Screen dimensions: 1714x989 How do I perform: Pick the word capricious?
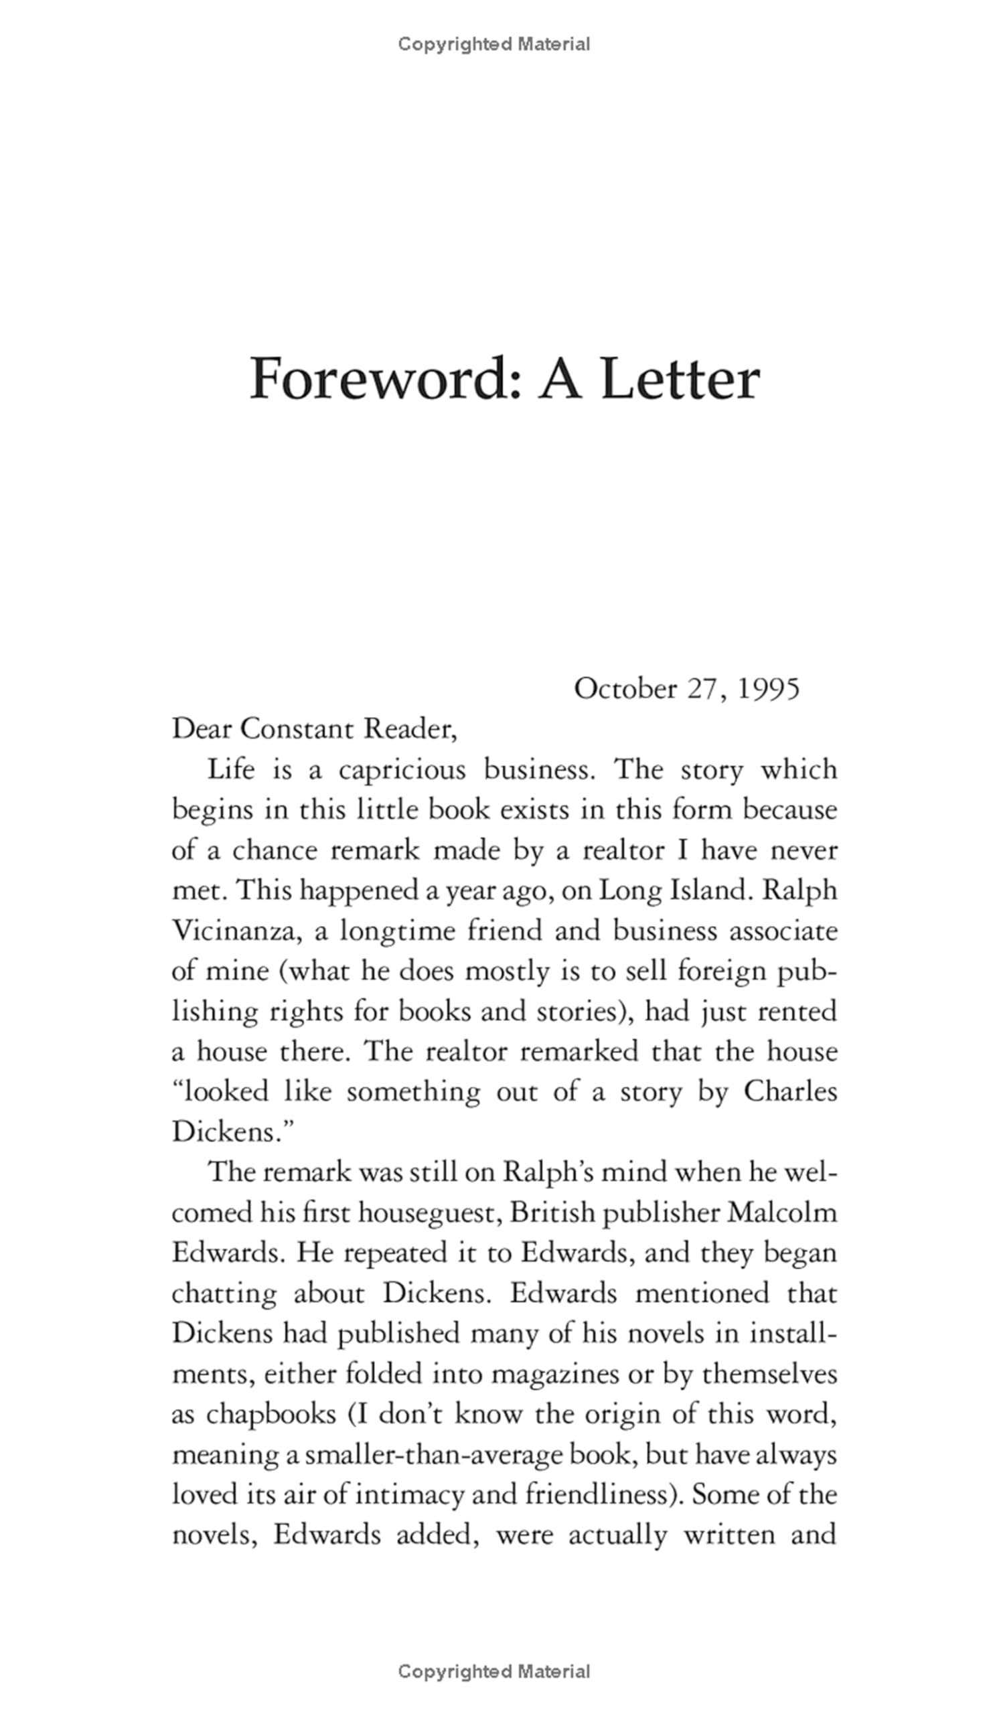point(402,770)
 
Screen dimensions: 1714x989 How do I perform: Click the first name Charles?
point(790,1092)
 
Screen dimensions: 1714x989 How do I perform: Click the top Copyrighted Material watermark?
point(493,44)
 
